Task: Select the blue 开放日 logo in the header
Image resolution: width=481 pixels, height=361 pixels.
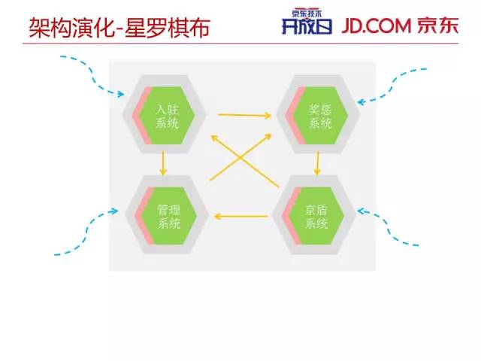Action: tap(301, 27)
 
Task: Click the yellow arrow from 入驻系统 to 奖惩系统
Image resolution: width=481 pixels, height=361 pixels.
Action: tap(244, 115)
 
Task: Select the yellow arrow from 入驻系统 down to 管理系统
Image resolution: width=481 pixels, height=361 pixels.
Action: tap(162, 163)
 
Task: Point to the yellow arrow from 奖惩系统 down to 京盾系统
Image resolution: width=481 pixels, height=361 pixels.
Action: tap(318, 163)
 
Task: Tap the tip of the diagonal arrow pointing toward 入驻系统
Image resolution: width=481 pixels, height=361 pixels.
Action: tap(212, 136)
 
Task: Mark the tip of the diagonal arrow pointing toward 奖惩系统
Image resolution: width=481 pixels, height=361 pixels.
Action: tap(271, 136)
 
